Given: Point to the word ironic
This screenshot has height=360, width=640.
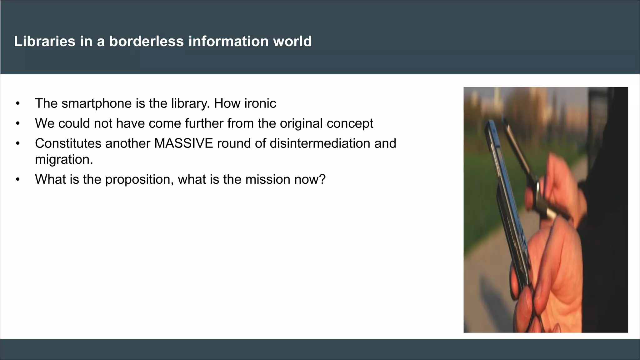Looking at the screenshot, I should tap(260, 103).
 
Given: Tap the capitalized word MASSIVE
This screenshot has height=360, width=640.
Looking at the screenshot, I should tap(184, 143).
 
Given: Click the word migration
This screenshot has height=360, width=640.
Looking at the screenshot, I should tap(64, 159).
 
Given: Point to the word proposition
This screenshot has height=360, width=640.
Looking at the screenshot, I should tap(139, 179).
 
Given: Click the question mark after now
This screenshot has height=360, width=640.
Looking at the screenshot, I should tap(322, 179).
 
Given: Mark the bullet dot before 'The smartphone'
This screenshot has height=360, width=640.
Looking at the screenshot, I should tap(18, 104).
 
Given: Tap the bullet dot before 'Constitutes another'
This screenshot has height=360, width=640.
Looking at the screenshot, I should tap(18, 144).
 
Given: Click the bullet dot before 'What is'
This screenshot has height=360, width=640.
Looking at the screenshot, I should tap(18, 180).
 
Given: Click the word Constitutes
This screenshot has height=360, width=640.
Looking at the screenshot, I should tap(68, 143).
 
